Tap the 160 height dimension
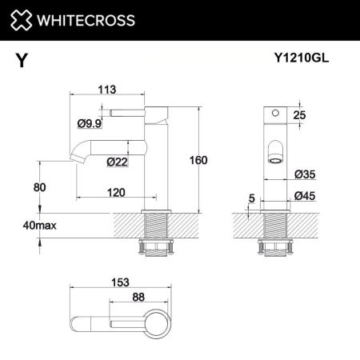(x=197, y=160)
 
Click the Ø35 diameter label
(x=303, y=174)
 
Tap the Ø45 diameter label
(x=303, y=195)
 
